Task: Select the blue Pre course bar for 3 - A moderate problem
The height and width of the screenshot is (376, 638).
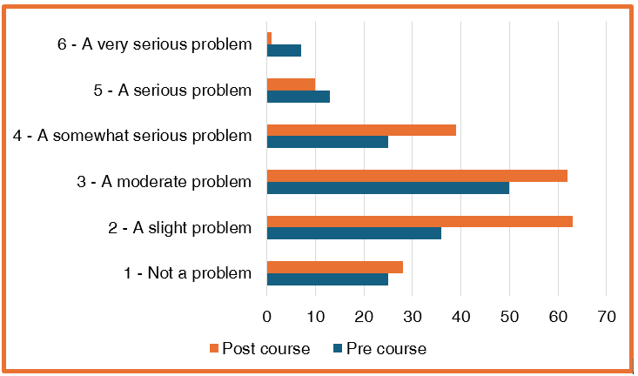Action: tap(387, 187)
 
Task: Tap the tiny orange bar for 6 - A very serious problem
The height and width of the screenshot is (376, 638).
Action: tap(269, 38)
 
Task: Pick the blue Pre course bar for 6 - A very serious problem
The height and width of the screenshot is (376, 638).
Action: tap(284, 50)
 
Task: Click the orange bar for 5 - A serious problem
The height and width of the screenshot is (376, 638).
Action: tap(291, 84)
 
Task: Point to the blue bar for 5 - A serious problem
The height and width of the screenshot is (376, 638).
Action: tap(298, 96)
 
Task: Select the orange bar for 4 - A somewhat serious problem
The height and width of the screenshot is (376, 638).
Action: tap(361, 130)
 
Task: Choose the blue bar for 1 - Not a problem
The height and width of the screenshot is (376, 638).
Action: tap(327, 279)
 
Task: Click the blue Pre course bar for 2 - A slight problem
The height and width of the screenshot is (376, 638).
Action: tap(353, 233)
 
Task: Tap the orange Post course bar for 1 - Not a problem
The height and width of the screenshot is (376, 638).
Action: tap(334, 267)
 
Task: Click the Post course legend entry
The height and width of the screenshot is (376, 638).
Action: tap(259, 349)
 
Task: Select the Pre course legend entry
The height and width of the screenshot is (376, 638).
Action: tap(379, 349)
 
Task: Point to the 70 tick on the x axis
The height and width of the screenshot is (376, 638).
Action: tap(606, 317)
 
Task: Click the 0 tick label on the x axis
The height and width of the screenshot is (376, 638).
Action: tap(267, 317)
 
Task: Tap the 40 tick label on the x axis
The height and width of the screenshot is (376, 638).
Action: tap(460, 317)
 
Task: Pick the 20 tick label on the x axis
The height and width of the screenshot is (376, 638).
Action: tap(364, 317)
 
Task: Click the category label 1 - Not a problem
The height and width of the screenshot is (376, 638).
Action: tap(187, 273)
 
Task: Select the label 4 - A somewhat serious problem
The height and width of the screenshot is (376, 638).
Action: tap(133, 136)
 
